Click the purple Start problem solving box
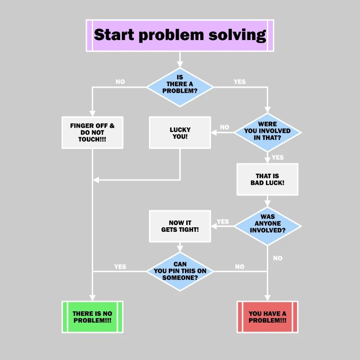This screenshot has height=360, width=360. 180,35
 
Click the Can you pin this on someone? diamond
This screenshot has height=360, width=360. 180,271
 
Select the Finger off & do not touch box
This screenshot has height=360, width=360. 92,132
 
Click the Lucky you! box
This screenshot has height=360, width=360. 180,132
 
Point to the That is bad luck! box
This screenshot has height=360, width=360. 267,179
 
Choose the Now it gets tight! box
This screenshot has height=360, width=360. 180,226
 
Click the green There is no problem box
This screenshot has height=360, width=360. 92,317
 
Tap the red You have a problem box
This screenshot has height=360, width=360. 267,317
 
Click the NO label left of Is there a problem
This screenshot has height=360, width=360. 120,82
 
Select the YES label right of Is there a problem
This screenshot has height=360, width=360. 239,82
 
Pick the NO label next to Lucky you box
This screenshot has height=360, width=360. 224,127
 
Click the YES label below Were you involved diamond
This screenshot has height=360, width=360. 278,157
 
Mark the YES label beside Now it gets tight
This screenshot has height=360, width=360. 223,221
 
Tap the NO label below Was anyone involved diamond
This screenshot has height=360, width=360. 278,258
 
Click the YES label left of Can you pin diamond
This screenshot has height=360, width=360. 120,267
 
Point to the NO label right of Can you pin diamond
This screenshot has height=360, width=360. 239,267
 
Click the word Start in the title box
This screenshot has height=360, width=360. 114,35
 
